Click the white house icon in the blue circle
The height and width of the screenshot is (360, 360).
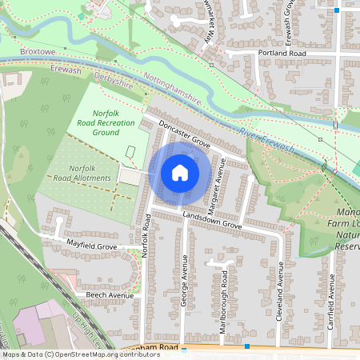point(180,173)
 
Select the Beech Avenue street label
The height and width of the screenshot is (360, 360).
point(109,294)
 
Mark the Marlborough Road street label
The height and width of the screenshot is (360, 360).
point(223,301)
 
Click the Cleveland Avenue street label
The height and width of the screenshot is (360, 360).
point(280,289)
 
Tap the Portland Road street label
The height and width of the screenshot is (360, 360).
point(282,52)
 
